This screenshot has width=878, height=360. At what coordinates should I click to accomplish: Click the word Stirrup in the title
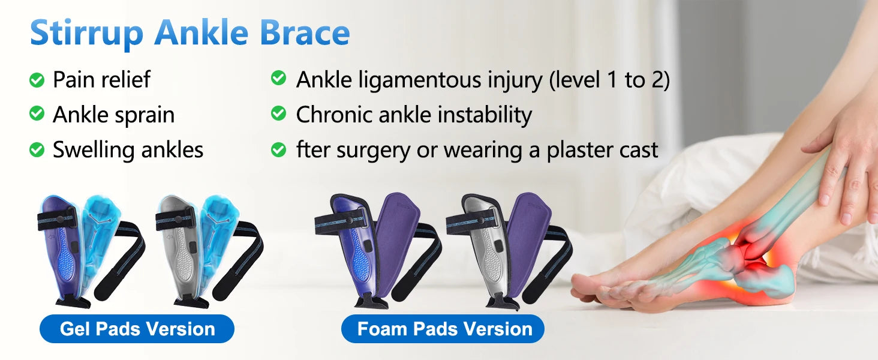tap(86, 34)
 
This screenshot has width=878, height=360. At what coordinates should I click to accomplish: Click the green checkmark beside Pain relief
tap(37, 80)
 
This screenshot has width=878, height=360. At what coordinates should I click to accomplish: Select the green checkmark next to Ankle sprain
tap(37, 114)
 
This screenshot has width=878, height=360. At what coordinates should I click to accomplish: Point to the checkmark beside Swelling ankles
tap(37, 149)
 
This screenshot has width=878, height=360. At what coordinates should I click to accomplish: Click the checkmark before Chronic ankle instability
tap(279, 113)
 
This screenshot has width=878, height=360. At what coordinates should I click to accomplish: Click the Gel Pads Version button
tap(137, 329)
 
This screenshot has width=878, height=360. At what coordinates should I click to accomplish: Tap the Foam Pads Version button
tap(443, 329)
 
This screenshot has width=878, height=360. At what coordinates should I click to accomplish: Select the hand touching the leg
tap(843, 165)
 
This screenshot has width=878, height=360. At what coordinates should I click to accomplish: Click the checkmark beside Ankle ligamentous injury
tap(279, 77)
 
